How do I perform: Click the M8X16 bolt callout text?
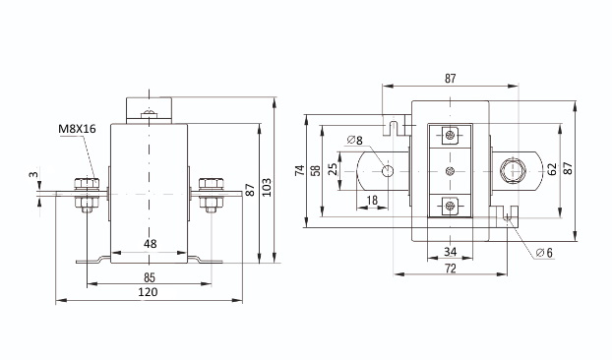(77, 129)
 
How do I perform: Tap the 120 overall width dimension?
(148, 292)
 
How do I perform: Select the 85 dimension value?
(150, 277)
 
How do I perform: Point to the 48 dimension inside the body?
(150, 244)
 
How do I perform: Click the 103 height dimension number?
(267, 188)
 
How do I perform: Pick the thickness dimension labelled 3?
(34, 174)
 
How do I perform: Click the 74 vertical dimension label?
(300, 170)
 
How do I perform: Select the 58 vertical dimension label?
(316, 171)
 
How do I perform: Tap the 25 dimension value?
(333, 169)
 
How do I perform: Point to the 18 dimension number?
(372, 201)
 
